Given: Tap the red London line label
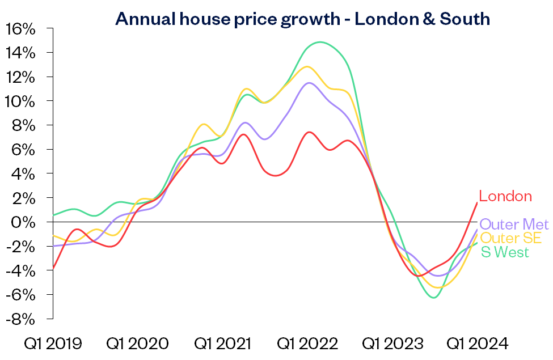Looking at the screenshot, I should click(505, 197).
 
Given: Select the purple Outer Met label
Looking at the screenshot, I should click(514, 225).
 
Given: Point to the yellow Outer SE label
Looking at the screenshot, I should click(510, 238).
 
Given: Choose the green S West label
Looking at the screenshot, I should click(505, 252).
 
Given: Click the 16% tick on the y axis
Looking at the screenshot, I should click(21, 29).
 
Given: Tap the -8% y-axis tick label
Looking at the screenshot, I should click(21, 319).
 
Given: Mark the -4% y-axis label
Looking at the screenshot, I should click(21, 270).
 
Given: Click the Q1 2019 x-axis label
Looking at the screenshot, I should click(52, 344).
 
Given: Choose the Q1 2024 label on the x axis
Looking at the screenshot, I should click(478, 344).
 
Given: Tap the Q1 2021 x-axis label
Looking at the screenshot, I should click(223, 344).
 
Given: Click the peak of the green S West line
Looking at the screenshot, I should click(320, 42).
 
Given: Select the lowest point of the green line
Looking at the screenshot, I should click(434, 297).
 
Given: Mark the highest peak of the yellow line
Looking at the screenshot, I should click(307, 66).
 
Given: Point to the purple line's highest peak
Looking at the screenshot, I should click(309, 83).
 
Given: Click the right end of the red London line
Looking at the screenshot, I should click(476, 203).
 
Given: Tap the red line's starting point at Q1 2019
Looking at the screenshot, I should click(53, 268).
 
